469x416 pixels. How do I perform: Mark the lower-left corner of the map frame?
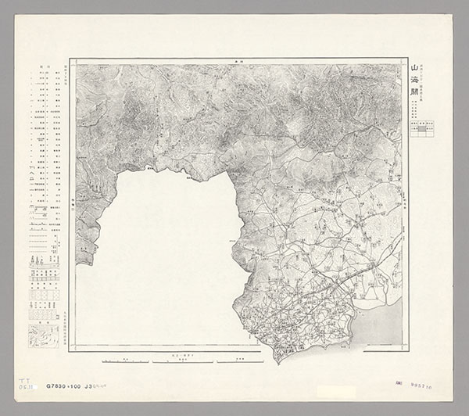(70, 350)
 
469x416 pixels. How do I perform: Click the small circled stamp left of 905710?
(401, 385)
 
